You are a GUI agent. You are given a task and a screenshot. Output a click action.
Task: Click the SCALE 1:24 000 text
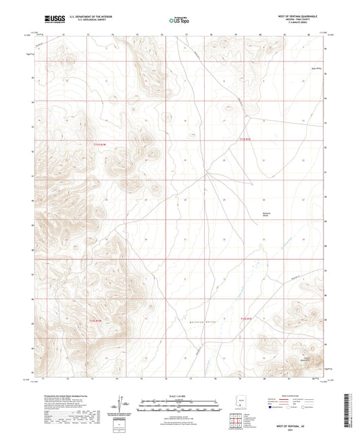[x=180, y=396]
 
